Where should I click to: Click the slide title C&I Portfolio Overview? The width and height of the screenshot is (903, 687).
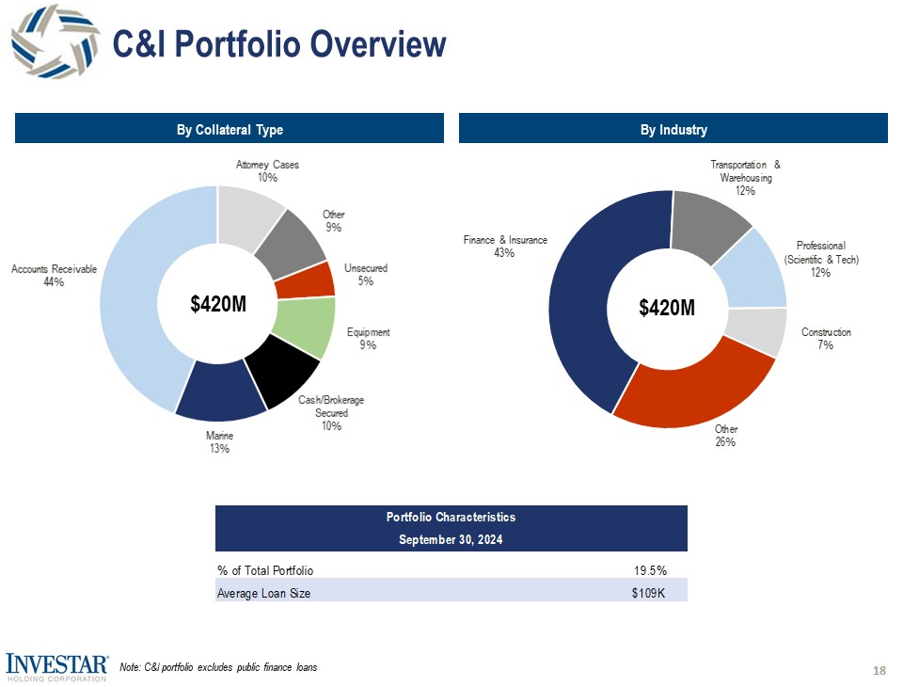278,43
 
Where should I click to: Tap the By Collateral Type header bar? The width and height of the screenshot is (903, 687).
230,129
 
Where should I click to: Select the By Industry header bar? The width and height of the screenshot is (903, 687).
673,129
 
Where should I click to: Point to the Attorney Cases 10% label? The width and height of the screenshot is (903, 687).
267,171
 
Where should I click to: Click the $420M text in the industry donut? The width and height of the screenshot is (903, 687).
667,308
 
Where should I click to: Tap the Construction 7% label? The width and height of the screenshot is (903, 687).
826,339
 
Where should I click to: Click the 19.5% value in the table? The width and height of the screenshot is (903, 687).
648,570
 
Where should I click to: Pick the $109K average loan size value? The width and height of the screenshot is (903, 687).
648,593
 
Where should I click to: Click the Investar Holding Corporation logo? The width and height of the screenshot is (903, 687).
55,665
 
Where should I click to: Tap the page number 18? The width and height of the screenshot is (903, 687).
879,670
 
